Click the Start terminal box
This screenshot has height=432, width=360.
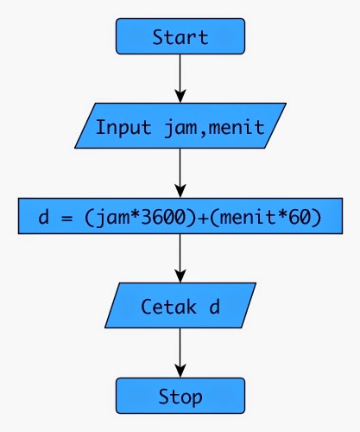tap(180, 37)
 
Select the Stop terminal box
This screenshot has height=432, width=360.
tap(180, 397)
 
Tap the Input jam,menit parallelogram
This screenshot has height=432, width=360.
tap(180, 127)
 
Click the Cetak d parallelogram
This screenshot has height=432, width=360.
tap(180, 307)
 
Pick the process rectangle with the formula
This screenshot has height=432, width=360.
tap(180, 217)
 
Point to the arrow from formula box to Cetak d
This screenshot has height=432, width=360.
tap(180, 260)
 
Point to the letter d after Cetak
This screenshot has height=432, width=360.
tap(214, 308)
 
